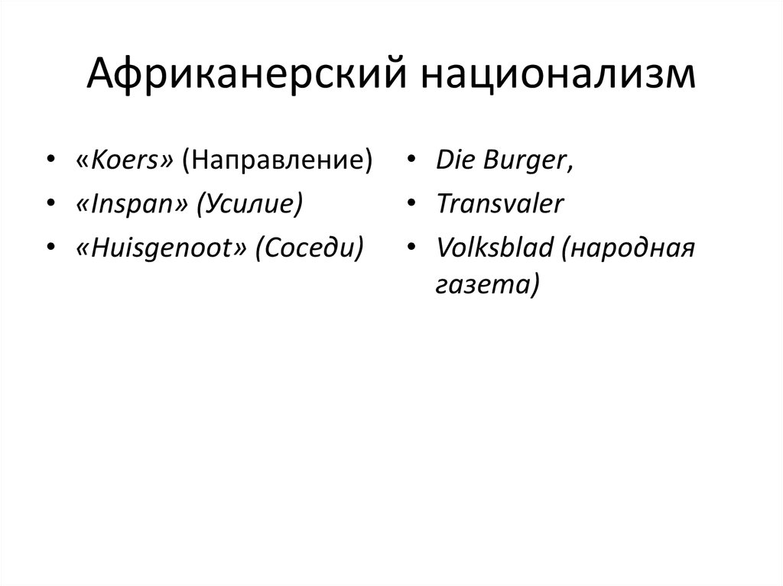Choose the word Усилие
click(249, 204)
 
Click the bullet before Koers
click(50, 161)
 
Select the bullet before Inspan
click(50, 205)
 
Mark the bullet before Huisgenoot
click(50, 248)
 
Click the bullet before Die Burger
click(411, 161)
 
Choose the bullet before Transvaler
click(411, 205)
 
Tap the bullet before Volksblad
click(411, 248)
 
